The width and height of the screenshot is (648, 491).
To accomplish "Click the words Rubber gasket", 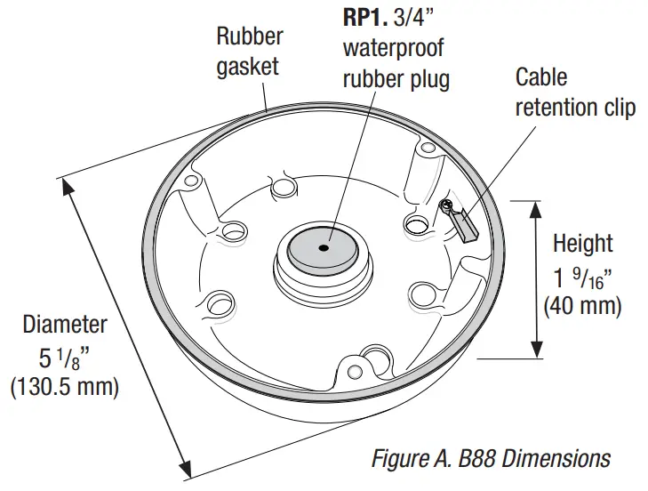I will (x=250, y=52).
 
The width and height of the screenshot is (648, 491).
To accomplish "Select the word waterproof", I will (x=393, y=47).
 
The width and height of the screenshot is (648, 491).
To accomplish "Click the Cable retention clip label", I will (x=575, y=93).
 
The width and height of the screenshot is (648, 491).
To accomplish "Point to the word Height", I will (x=582, y=243).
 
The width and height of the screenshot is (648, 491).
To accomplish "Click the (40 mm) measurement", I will (x=582, y=306).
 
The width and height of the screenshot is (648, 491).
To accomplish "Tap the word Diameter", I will (x=65, y=325).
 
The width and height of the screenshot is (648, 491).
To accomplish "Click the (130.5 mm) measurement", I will (x=65, y=389).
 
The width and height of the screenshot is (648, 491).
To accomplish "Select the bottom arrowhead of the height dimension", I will (x=536, y=350).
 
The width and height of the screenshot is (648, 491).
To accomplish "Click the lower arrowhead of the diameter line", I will (x=187, y=471).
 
